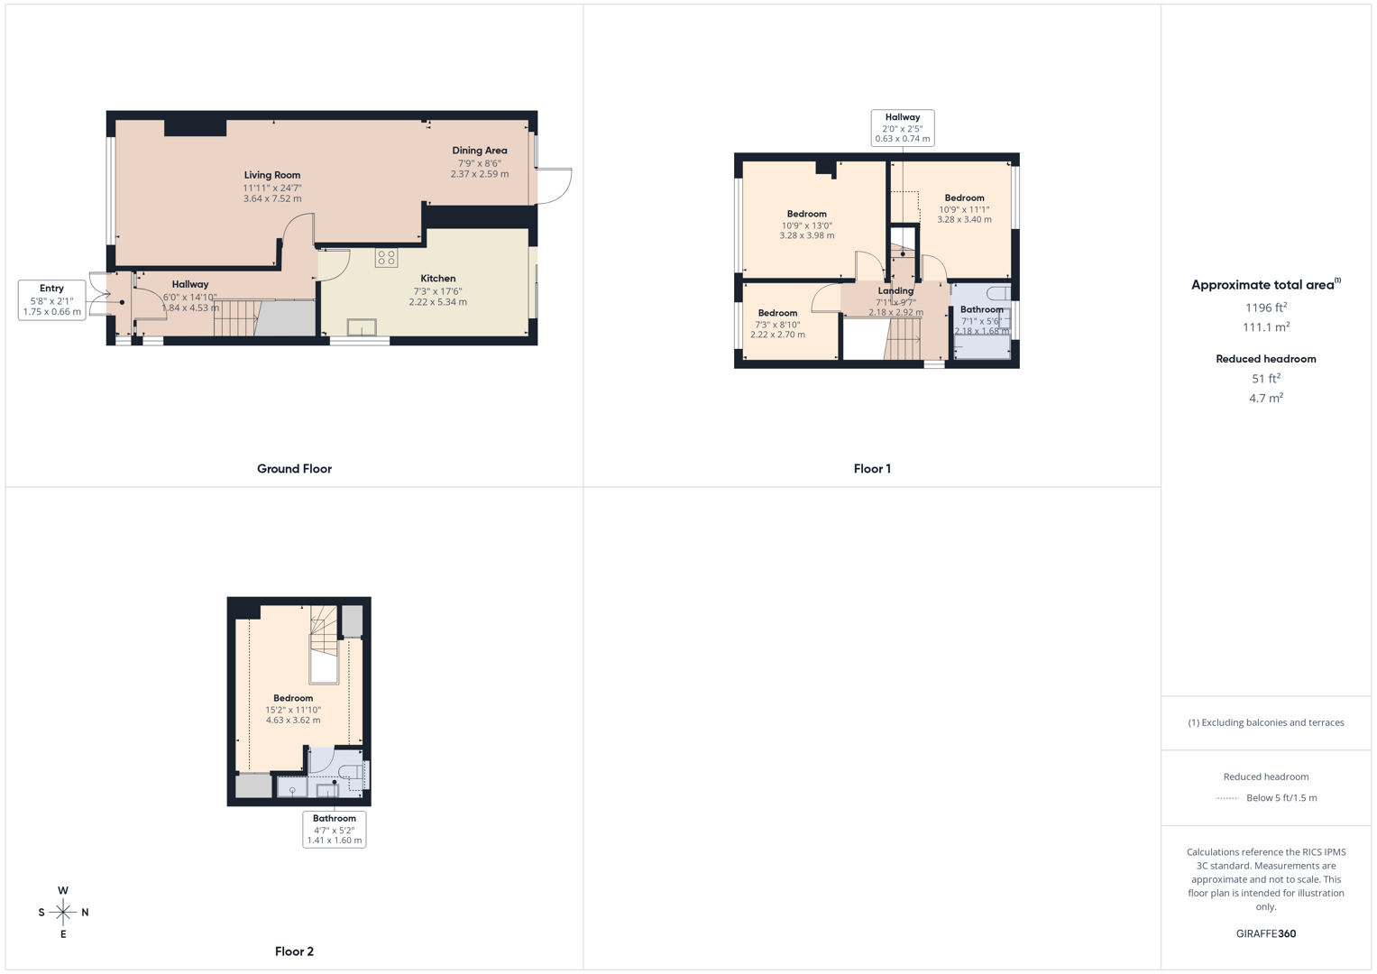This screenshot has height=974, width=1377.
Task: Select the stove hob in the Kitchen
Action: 387,258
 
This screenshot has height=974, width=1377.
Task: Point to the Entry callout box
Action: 52,300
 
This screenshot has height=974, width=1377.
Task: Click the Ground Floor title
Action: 294,469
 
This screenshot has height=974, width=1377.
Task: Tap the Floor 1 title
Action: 872,469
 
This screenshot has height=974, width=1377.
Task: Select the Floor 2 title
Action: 294,951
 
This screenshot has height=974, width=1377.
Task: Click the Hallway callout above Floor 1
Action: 902,128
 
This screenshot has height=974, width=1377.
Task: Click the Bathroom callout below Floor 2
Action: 335,830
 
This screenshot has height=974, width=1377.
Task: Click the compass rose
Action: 63,913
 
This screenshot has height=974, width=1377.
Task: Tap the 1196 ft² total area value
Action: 1266,308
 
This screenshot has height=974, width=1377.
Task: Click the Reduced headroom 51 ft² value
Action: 1266,379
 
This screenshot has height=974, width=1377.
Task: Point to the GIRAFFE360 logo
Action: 1266,934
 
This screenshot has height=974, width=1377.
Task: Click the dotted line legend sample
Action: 1226,798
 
